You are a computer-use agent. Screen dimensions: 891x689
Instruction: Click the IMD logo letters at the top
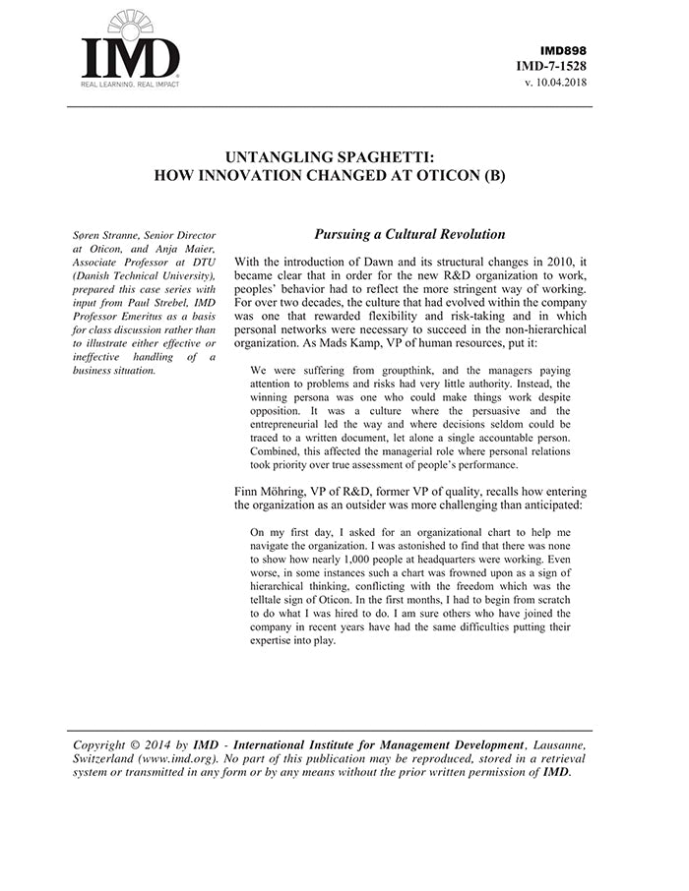(130, 58)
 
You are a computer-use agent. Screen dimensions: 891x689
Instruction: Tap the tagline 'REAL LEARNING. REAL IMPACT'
(130, 86)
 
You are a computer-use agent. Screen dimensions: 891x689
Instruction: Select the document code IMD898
(564, 50)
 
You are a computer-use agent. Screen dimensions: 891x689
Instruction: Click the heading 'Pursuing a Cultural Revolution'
(409, 235)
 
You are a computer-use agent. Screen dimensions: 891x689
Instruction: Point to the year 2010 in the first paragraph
(542, 262)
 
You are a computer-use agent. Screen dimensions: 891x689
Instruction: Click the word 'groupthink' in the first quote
(385, 358)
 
